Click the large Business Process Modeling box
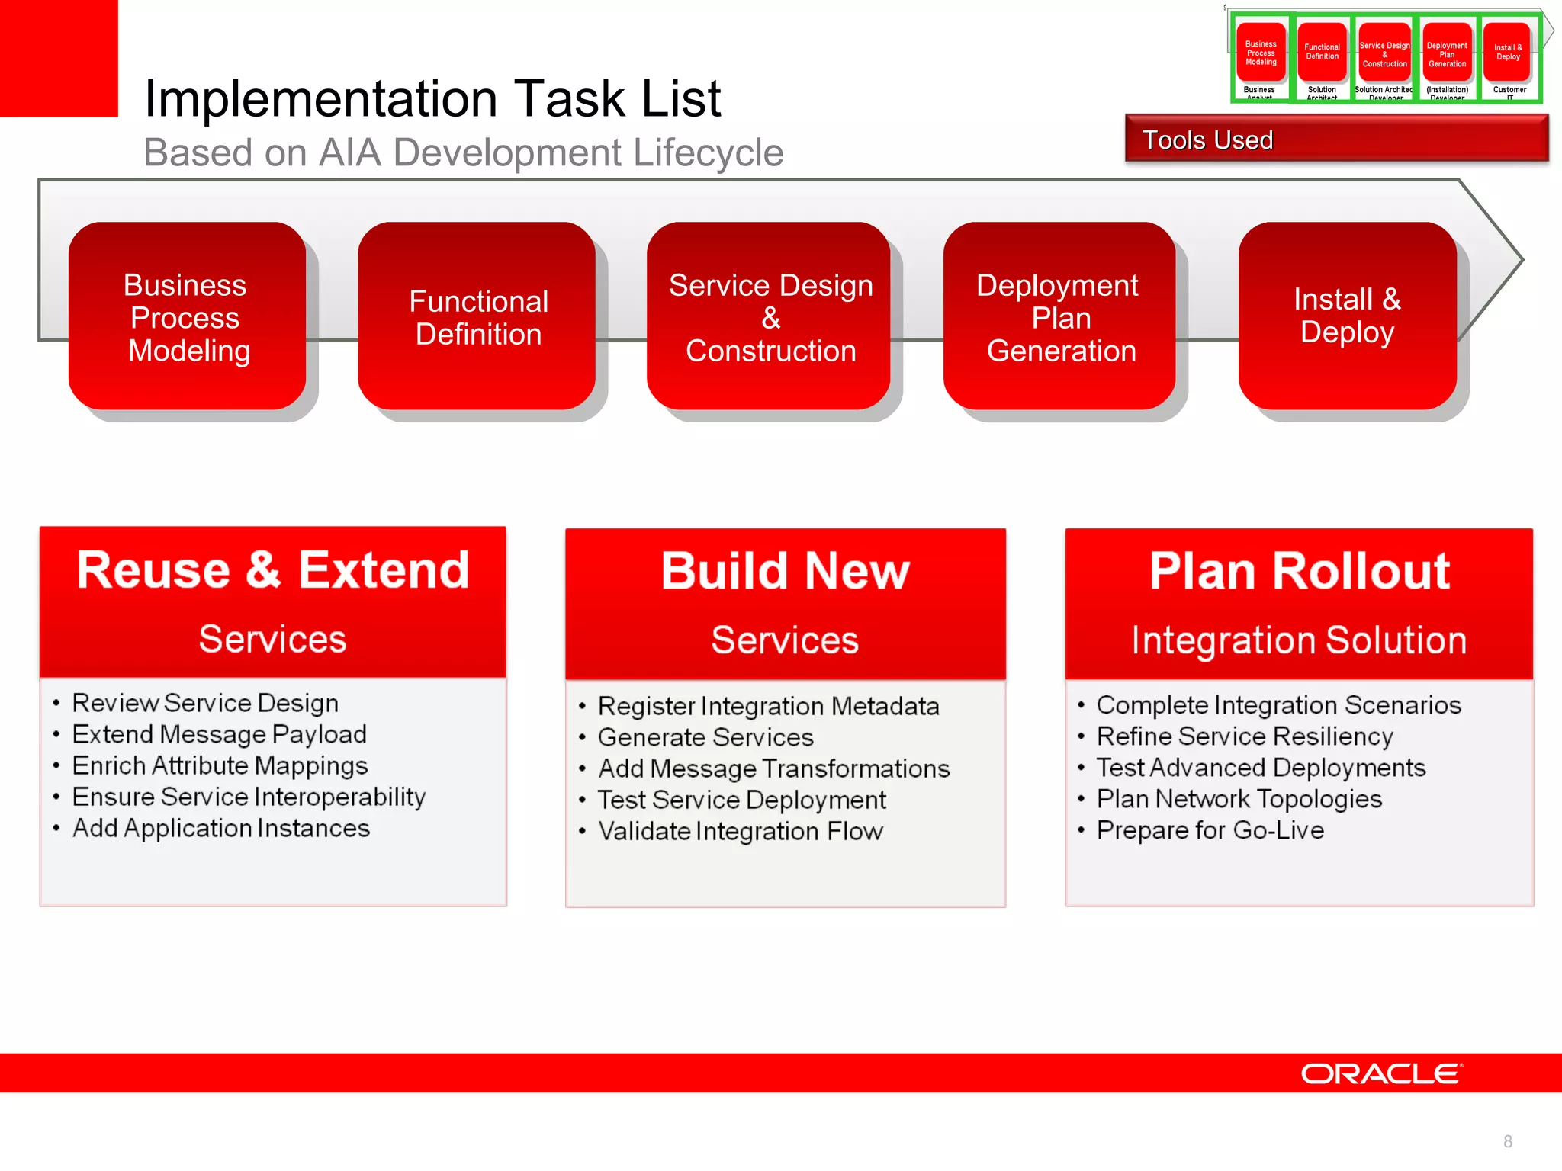(187, 316)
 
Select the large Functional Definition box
(477, 316)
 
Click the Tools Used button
(1336, 140)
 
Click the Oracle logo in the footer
(1381, 1073)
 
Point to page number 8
(1507, 1141)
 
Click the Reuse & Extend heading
(273, 570)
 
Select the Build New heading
(785, 571)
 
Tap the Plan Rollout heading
(1299, 571)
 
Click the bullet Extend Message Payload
(219, 734)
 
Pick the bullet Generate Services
(705, 737)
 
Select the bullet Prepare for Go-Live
(1210, 830)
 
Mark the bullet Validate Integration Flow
(740, 831)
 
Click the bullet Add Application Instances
(220, 828)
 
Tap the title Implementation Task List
(432, 98)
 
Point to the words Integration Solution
(1299, 640)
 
